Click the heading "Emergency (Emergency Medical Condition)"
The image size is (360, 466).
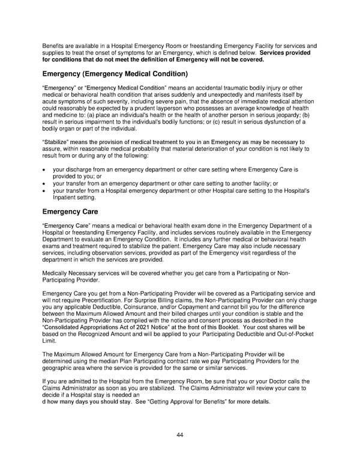115,74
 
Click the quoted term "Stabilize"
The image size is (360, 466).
56,142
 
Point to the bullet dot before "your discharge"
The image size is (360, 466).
45,171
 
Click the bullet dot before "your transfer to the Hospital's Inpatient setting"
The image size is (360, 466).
45,190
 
